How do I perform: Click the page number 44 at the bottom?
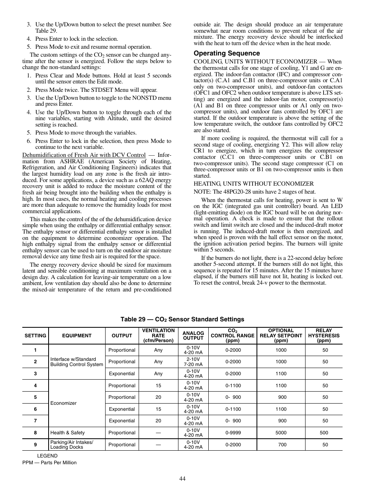tap(182, 479)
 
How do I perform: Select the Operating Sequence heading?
tap(227, 53)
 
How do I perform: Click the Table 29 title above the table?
tap(182, 319)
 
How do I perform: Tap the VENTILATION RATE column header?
tap(158, 336)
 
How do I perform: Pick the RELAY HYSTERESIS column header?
tap(324, 336)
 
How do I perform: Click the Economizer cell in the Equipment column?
tap(63, 403)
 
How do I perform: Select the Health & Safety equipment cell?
tap(67, 433)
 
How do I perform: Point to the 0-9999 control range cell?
tap(233, 433)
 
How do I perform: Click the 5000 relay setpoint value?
tap(281, 433)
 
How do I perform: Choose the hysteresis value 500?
tap(324, 433)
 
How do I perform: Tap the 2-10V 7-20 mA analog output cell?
tap(193, 362)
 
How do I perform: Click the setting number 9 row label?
tap(35, 445)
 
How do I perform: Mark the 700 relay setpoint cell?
tap(282, 445)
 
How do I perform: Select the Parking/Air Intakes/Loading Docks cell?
tap(72, 445)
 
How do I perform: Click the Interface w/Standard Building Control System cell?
tap(76, 362)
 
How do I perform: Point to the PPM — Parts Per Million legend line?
tap(49, 463)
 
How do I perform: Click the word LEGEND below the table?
tap(47, 456)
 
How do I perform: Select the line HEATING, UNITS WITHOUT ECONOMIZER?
tap(254, 184)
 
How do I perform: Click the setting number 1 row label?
tap(35, 350)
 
